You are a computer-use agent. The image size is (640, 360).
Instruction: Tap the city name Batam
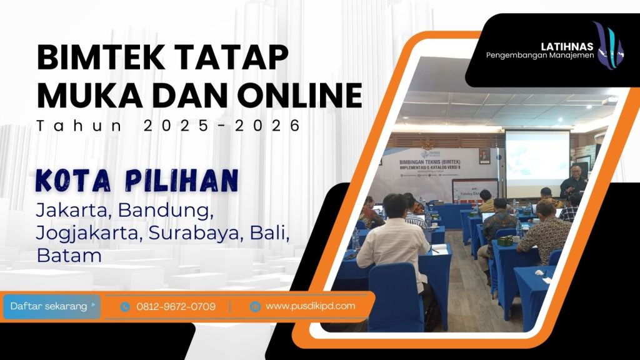pyautogui.click(x=69, y=255)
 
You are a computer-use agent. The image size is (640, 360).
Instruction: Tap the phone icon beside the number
pyautogui.click(x=125, y=307)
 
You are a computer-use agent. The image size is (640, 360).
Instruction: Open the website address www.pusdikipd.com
pyautogui.click(x=310, y=306)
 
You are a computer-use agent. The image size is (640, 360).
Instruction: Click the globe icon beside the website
pyautogui.click(x=254, y=306)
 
